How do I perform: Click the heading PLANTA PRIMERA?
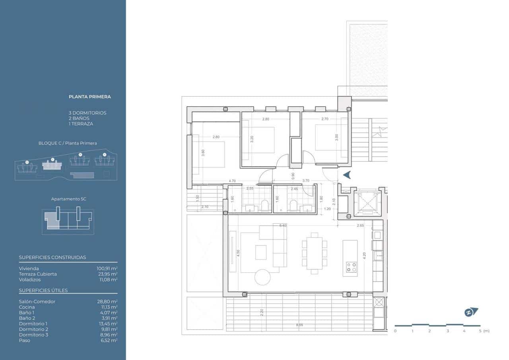tap(89, 97)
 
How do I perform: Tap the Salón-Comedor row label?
tap(37, 302)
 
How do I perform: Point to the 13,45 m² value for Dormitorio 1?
tap(109, 324)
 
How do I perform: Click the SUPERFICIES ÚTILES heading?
tap(43, 290)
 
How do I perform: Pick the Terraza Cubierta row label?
tap(38, 274)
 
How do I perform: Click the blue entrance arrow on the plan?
tap(346, 175)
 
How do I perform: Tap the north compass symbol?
tap(471, 312)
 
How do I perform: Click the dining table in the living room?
tap(314, 253)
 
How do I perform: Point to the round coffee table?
tap(262, 277)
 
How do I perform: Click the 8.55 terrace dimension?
tap(299, 325)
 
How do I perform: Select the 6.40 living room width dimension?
tap(283, 226)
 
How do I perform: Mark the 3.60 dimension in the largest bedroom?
tap(203, 152)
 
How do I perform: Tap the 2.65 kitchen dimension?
tap(360, 226)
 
